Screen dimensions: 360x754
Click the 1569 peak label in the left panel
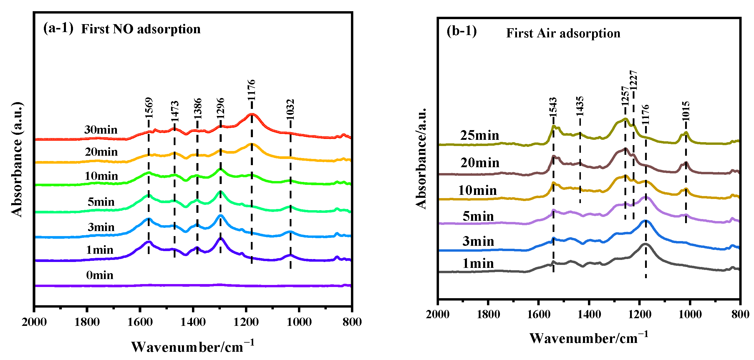click(x=149, y=108)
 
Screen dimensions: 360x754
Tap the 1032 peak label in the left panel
click(x=290, y=109)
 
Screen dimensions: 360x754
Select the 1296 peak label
click(x=221, y=108)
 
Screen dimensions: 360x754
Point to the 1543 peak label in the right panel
click(x=553, y=107)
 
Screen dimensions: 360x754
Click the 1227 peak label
click(x=633, y=80)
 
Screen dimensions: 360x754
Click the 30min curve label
click(x=101, y=130)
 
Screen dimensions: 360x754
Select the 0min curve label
click(x=100, y=275)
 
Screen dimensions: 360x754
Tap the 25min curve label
click(x=480, y=135)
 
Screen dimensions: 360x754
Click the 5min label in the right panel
click(x=478, y=216)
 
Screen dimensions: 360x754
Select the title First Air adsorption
click(x=563, y=33)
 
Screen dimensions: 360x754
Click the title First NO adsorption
click(x=141, y=29)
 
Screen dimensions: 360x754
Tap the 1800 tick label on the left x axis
click(x=87, y=322)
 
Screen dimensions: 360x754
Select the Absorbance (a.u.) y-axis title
click(x=17, y=160)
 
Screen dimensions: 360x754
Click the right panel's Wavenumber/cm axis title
click(x=589, y=338)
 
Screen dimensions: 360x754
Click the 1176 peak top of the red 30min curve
click(x=252, y=114)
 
